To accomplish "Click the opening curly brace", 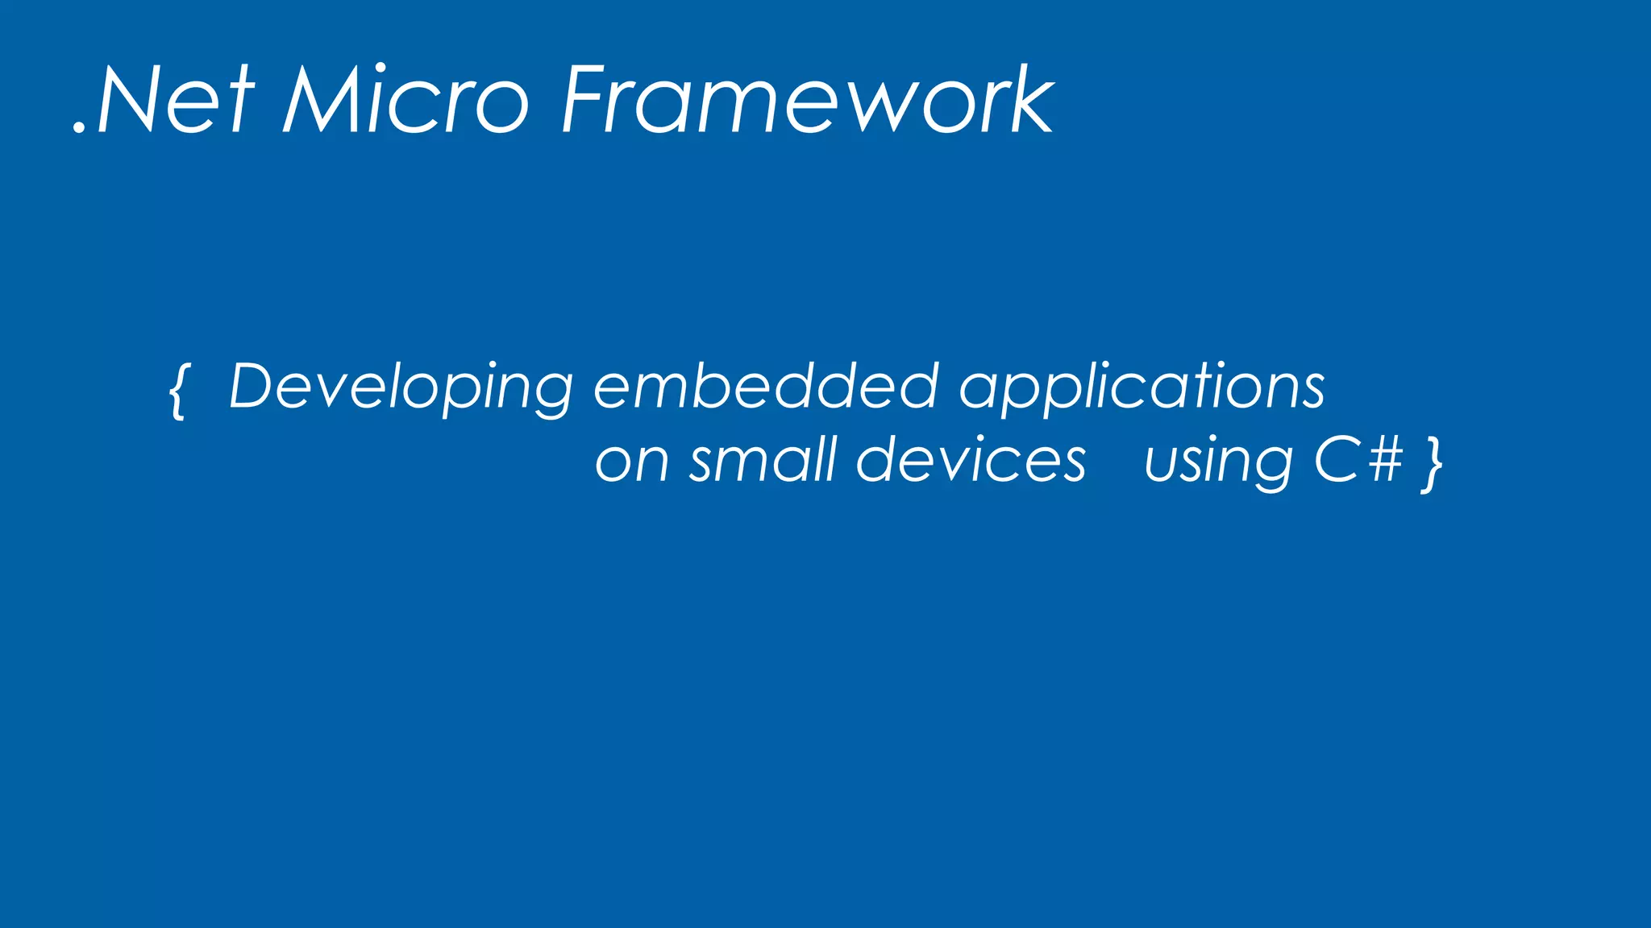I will pyautogui.click(x=178, y=391).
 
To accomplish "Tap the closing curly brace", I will pyautogui.click(x=1432, y=465).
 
